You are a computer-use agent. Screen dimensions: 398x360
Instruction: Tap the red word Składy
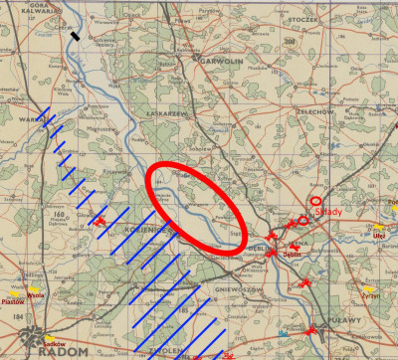pyautogui.click(x=328, y=211)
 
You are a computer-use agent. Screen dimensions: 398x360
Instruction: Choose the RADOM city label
pyautogui.click(x=66, y=351)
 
